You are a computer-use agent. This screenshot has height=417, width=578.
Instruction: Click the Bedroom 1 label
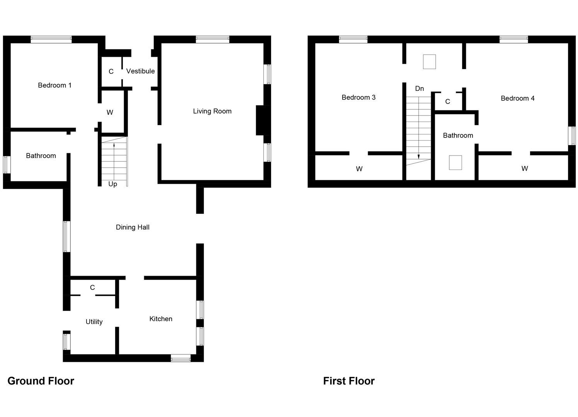(55, 85)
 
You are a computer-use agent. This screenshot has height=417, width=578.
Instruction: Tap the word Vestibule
(140, 71)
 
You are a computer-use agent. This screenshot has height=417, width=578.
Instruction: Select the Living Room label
(212, 111)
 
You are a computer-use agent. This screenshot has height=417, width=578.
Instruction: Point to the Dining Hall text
(133, 227)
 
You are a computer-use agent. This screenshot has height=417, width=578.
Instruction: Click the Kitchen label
(161, 319)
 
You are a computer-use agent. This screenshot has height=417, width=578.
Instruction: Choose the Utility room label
(94, 322)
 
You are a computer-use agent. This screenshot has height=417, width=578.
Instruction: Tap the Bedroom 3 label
(358, 97)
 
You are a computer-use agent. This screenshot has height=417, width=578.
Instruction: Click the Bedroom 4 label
(517, 98)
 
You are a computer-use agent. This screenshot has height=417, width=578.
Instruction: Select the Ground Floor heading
(41, 381)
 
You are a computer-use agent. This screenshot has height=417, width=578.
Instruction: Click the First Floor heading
(349, 381)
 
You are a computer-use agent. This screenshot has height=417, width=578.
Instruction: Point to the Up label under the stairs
(113, 184)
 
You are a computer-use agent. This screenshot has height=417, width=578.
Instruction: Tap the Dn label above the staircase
(419, 89)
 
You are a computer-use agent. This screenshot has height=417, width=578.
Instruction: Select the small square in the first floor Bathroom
(455, 163)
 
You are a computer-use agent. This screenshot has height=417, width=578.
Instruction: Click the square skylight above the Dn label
(430, 62)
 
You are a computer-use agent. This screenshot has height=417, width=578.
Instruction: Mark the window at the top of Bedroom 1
(51, 39)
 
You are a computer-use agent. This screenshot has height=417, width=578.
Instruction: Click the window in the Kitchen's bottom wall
(181, 358)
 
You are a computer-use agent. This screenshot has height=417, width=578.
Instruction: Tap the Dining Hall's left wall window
(67, 237)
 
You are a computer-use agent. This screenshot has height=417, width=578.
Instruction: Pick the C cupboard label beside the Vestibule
(111, 71)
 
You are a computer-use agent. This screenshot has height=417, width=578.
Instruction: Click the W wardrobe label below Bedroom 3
(359, 169)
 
